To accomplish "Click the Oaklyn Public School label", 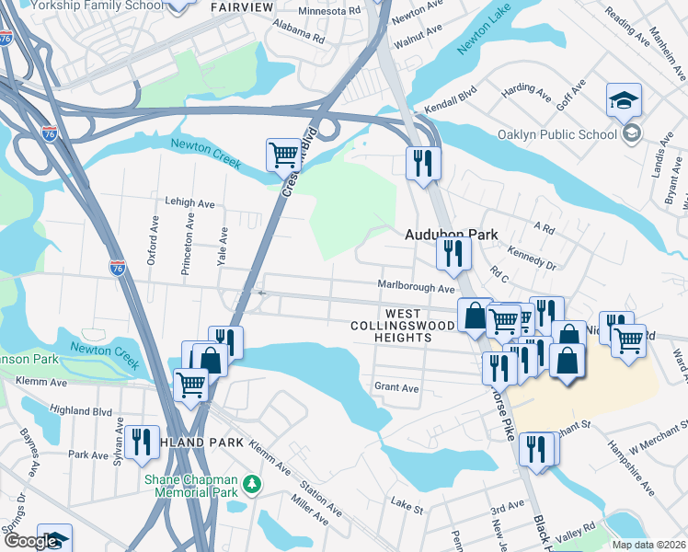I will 556,134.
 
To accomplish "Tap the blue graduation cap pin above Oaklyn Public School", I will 624,100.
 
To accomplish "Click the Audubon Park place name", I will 451,235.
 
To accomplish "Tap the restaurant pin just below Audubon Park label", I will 452,253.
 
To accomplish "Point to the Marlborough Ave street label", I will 417,287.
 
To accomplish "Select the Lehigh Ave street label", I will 189,202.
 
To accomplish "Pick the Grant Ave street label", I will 396,388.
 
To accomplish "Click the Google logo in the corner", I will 31,541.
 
